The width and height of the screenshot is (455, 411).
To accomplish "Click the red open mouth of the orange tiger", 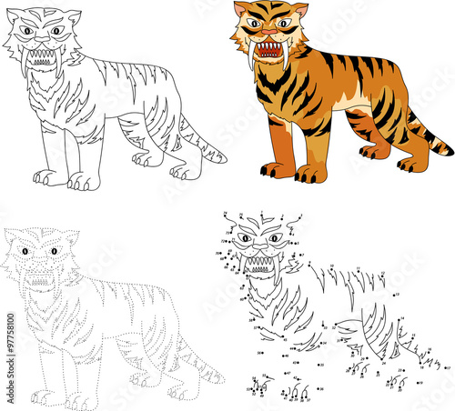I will click(x=268, y=49).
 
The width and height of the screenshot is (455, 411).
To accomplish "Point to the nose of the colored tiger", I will click(x=267, y=34).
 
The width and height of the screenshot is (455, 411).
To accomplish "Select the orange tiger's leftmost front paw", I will click(x=274, y=170).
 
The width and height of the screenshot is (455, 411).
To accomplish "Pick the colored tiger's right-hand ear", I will click(x=294, y=11).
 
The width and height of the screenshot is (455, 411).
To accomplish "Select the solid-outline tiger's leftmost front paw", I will click(x=47, y=178).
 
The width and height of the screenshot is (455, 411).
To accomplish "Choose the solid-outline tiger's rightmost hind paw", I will click(x=184, y=170).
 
